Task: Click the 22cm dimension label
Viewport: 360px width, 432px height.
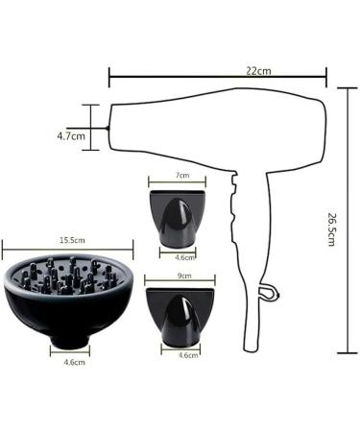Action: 258,71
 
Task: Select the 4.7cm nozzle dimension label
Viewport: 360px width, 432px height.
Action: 71,136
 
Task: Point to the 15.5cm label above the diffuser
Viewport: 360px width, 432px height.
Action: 72,240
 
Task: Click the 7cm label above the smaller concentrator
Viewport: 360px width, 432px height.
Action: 182,175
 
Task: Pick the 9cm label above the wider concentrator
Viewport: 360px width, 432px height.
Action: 184,276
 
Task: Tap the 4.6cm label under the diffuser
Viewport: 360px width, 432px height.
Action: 74,362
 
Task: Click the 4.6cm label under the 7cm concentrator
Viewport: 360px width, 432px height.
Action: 185,257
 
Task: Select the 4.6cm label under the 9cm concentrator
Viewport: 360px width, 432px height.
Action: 188,355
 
